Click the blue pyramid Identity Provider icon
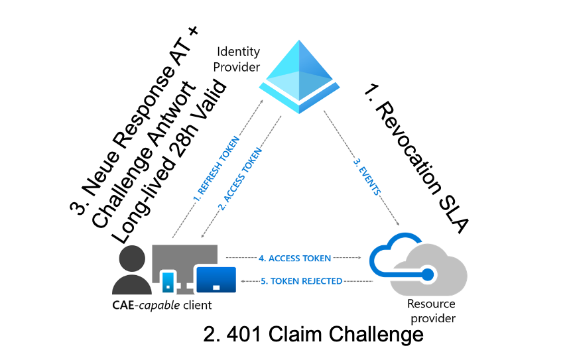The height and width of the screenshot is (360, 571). pos(298,73)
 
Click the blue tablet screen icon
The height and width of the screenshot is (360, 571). pos(216,279)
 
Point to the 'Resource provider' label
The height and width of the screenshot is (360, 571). pos(430,311)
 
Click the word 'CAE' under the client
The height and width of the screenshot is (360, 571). pos(125,305)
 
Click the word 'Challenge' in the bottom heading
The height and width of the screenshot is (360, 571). pos(377,335)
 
